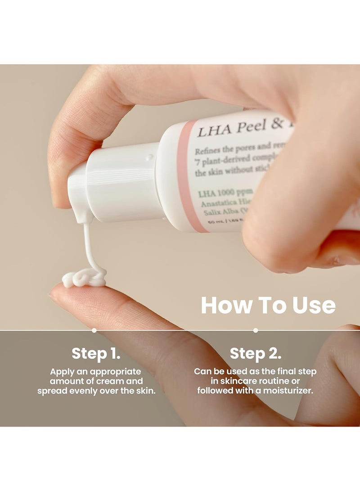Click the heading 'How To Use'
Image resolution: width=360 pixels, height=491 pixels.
tap(268, 306)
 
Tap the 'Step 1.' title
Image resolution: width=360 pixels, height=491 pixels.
tap(96, 354)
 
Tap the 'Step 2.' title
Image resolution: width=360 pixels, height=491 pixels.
tap(256, 354)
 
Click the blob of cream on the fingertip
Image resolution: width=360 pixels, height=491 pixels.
tap(83, 278)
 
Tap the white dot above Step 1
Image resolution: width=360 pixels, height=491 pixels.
tap(94, 330)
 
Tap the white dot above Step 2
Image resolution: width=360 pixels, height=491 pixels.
tap(256, 330)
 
